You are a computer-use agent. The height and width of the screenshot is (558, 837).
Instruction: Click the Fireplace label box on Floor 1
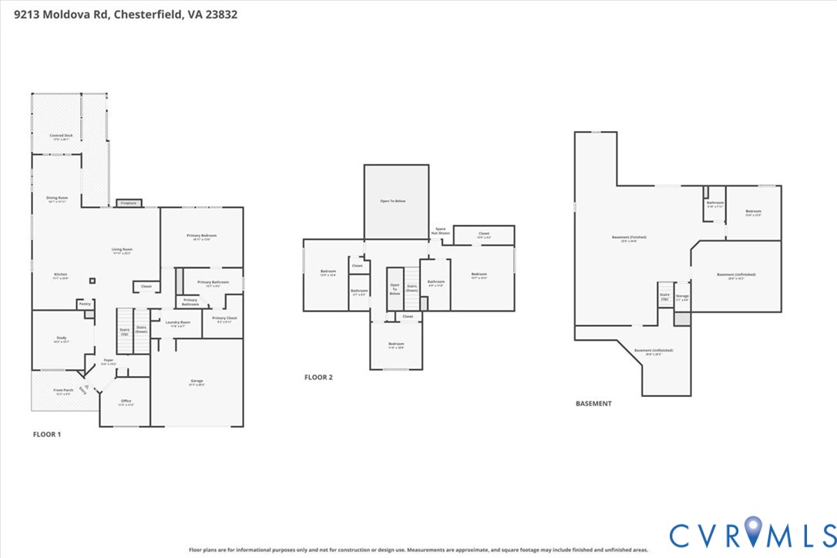[128, 203]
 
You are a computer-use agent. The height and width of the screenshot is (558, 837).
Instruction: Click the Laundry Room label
[177, 324]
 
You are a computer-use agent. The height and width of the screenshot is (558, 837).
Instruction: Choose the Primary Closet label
[224, 319]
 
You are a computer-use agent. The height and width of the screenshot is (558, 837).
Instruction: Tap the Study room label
[62, 339]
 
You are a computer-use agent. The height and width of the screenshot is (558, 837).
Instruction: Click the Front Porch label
[63, 392]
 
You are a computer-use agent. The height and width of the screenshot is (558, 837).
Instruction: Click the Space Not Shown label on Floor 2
[441, 230]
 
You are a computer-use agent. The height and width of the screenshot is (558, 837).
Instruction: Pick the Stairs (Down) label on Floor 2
[412, 288]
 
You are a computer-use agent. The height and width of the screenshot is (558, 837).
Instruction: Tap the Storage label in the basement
[682, 297]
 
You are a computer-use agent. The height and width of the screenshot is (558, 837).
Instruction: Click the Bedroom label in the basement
[753, 213]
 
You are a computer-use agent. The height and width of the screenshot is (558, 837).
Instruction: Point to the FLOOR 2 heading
[318, 378]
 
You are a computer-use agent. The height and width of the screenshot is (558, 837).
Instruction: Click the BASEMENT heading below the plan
[593, 403]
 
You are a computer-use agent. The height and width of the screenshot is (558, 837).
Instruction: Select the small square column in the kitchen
[92, 281]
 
